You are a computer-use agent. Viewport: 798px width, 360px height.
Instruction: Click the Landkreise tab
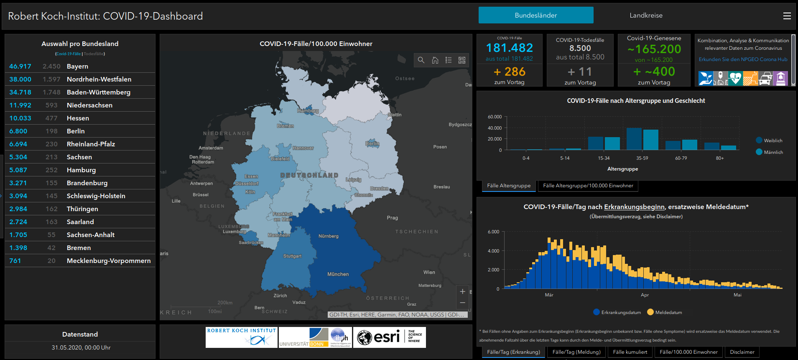[646, 15]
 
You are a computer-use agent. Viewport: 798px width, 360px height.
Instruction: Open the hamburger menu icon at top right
[787, 16]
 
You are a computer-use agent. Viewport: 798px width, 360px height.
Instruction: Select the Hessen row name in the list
[78, 118]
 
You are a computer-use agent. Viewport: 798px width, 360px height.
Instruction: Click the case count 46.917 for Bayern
[20, 66]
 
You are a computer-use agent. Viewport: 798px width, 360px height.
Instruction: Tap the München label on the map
[338, 274]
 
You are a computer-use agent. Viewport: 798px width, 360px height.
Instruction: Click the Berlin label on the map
[372, 143]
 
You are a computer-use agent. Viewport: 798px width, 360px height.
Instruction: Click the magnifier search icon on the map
[421, 60]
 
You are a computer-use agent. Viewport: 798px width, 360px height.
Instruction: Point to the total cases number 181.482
[509, 48]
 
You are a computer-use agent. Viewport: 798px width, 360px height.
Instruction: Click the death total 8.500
[580, 48]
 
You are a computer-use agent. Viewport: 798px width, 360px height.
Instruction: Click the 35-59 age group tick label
[642, 158]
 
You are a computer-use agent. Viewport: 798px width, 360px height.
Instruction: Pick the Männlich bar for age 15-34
[612, 143]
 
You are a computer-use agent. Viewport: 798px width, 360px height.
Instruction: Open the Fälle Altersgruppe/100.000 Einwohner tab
[588, 186]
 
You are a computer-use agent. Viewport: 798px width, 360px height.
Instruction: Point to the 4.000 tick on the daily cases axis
[493, 251]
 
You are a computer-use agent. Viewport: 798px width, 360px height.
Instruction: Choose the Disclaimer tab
[742, 352]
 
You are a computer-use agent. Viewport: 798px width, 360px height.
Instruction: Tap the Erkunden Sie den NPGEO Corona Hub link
[743, 59]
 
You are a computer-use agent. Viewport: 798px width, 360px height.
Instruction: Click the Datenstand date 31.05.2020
[81, 347]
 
